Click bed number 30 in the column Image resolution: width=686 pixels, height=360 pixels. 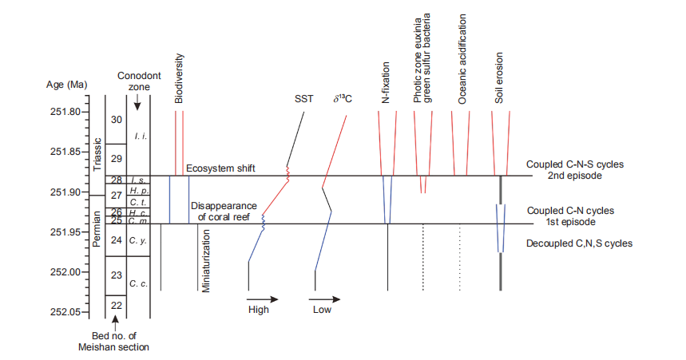(117, 120)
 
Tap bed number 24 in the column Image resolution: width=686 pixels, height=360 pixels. (117, 240)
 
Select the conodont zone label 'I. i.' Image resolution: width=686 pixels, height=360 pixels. (139, 136)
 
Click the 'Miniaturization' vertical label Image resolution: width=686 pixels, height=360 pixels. (206, 261)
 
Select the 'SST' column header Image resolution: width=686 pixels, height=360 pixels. (303, 99)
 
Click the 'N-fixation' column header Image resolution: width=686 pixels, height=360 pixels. (386, 83)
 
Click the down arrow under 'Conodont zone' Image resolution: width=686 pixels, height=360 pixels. (137, 101)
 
